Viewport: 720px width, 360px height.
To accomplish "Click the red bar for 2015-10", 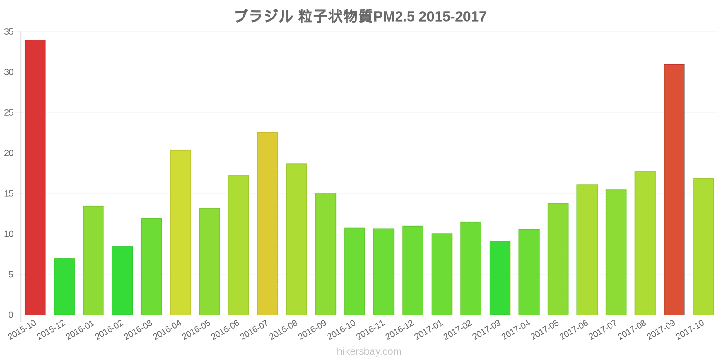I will [35, 177].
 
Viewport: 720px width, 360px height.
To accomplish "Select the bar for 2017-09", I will [674, 189].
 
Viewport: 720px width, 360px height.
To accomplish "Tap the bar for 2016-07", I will [267, 224].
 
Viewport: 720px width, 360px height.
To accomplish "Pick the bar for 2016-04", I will [180, 232].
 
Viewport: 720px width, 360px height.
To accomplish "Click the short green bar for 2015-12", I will [64, 287].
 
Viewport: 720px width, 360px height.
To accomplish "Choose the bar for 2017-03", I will [499, 278].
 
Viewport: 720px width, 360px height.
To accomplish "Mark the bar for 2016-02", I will [122, 280].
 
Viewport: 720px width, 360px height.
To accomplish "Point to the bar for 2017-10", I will [703, 247].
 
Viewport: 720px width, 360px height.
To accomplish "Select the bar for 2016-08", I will [296, 239].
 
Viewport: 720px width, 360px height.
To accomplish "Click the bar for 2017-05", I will [558, 259].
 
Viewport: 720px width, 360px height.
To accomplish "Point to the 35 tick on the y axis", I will [9, 32].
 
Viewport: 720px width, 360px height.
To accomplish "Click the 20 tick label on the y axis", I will [9, 153].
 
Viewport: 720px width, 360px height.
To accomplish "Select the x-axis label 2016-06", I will [225, 330].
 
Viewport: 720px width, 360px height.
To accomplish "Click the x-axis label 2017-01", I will [428, 330].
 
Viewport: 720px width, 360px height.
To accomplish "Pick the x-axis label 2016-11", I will [370, 330].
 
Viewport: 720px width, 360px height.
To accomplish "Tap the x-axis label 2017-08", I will [632, 330].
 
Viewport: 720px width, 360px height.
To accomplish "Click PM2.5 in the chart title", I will [394, 17].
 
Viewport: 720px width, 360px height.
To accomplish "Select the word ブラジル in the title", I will [263, 17].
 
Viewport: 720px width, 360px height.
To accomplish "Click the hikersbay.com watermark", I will [369, 351].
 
